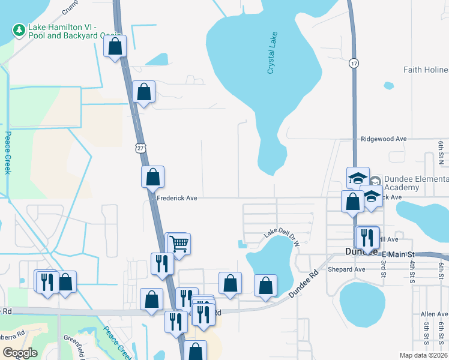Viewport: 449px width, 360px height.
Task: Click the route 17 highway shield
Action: [x=354, y=62]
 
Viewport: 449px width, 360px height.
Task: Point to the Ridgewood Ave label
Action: [x=384, y=139]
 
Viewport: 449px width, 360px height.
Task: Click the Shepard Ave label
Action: [x=346, y=269]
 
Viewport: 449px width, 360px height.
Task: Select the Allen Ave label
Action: [x=434, y=314]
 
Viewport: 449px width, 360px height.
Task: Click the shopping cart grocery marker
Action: [x=179, y=243]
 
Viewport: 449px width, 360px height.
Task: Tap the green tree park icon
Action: [x=19, y=29]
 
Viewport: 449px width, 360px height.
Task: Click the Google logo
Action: [x=20, y=352]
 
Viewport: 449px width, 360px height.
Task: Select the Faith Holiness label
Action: [x=426, y=70]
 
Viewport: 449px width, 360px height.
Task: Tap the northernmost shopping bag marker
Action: [x=115, y=45]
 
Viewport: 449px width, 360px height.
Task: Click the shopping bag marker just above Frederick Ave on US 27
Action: [x=152, y=176]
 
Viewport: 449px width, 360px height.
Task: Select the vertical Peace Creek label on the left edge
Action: [x=8, y=152]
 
